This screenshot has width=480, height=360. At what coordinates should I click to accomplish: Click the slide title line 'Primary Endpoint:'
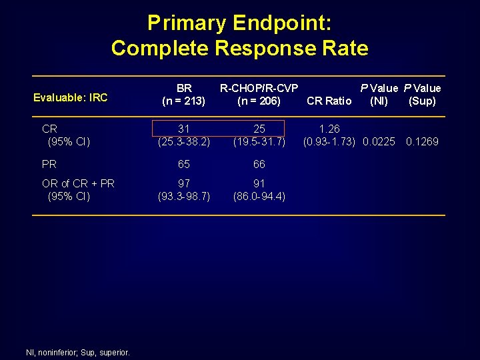(x=239, y=23)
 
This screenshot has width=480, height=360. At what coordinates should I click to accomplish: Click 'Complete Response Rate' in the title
(x=239, y=48)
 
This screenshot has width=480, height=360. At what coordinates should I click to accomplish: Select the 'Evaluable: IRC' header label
(x=70, y=97)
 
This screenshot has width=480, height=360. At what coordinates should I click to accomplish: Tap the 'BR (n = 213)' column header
(x=184, y=95)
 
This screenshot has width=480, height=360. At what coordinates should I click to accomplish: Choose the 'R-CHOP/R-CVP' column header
(x=259, y=88)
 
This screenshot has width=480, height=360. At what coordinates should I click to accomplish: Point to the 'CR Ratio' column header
(x=329, y=101)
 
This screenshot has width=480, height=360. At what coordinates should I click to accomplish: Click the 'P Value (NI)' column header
(x=379, y=95)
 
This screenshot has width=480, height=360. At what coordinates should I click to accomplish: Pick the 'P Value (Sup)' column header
(x=422, y=95)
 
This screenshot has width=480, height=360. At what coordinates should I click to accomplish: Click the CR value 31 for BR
(x=184, y=129)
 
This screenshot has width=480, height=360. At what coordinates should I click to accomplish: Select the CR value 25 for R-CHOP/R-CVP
(x=259, y=129)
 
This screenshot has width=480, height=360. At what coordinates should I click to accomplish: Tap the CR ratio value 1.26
(x=329, y=129)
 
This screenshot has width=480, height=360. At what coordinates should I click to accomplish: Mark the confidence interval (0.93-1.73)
(x=329, y=141)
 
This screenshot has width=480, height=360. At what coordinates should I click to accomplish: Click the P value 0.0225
(x=379, y=141)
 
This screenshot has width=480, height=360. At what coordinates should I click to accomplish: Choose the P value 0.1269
(x=423, y=141)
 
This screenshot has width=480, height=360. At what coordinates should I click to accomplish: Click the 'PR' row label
(x=49, y=164)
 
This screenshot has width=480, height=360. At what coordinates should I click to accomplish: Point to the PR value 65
(x=184, y=164)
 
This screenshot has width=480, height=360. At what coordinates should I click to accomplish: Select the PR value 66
(x=259, y=164)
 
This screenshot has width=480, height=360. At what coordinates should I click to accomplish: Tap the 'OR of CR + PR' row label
(x=78, y=183)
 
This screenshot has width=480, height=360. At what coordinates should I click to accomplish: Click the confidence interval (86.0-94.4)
(x=259, y=196)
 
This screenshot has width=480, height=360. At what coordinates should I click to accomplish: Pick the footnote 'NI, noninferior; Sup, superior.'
(x=77, y=352)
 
